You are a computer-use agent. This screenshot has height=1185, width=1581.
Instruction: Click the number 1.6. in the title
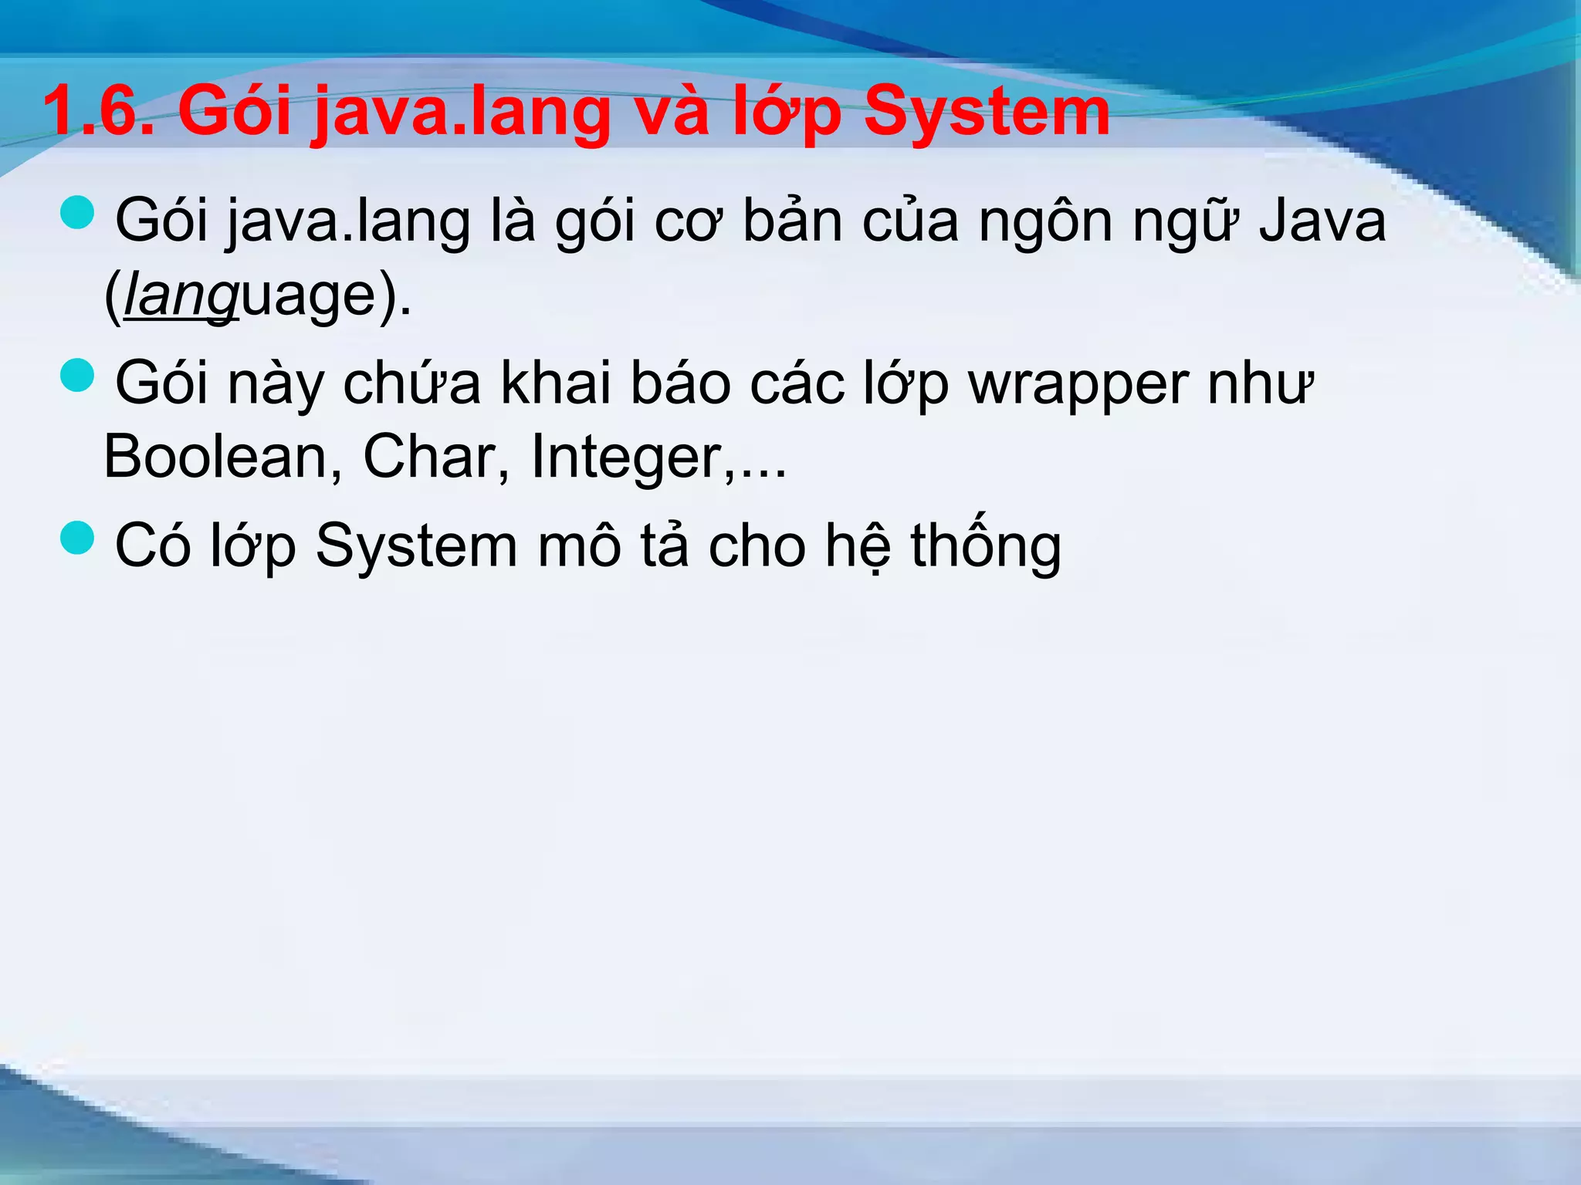99,112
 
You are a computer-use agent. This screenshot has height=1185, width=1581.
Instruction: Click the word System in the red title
987,112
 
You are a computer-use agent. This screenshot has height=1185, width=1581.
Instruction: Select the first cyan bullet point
77,212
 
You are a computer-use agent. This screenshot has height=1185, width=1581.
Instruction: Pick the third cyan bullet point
77,537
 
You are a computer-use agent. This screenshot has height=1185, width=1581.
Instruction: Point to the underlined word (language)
258,296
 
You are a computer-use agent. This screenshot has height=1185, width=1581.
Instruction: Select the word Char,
436,457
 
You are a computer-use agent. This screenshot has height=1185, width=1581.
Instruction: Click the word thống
986,544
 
